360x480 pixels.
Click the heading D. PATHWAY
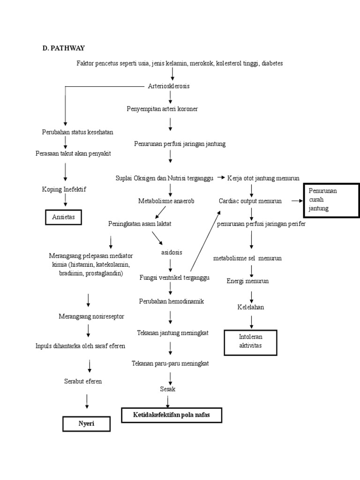pos(64,48)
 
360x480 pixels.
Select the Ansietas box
pos(63,217)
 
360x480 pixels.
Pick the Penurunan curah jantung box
pos(331,201)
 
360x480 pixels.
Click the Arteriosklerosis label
pos(169,86)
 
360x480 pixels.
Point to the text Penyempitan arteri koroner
pos(162,109)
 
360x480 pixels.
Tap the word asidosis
pos(171,252)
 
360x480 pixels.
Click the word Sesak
pos(167,389)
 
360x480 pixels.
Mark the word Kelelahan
pos(250,307)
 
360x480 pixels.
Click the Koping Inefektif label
pos(64,189)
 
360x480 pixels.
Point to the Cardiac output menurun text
pos(250,201)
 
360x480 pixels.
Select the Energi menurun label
pos(247,281)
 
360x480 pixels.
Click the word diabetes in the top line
pos(272,63)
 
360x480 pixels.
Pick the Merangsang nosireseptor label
pos(91,316)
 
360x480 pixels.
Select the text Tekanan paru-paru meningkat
pos(170,363)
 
